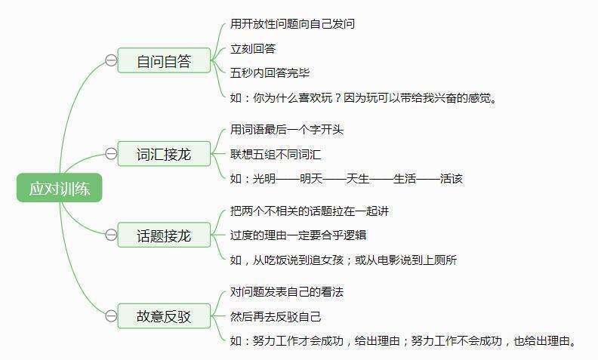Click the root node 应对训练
60,188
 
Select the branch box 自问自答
164,60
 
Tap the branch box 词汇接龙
164,154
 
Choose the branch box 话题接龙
164,235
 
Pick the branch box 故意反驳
164,315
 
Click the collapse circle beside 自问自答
111,60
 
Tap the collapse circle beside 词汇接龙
111,154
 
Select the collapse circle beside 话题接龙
111,235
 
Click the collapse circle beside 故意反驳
111,315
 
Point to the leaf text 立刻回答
253,49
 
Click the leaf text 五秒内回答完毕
270,73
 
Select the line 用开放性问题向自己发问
292,23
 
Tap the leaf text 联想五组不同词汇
276,155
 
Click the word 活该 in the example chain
452,178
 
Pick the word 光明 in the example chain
264,178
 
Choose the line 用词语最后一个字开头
287,130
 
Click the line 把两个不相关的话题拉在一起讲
310,211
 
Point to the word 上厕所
439,260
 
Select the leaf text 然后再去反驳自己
276,316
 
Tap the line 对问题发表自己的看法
287,292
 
